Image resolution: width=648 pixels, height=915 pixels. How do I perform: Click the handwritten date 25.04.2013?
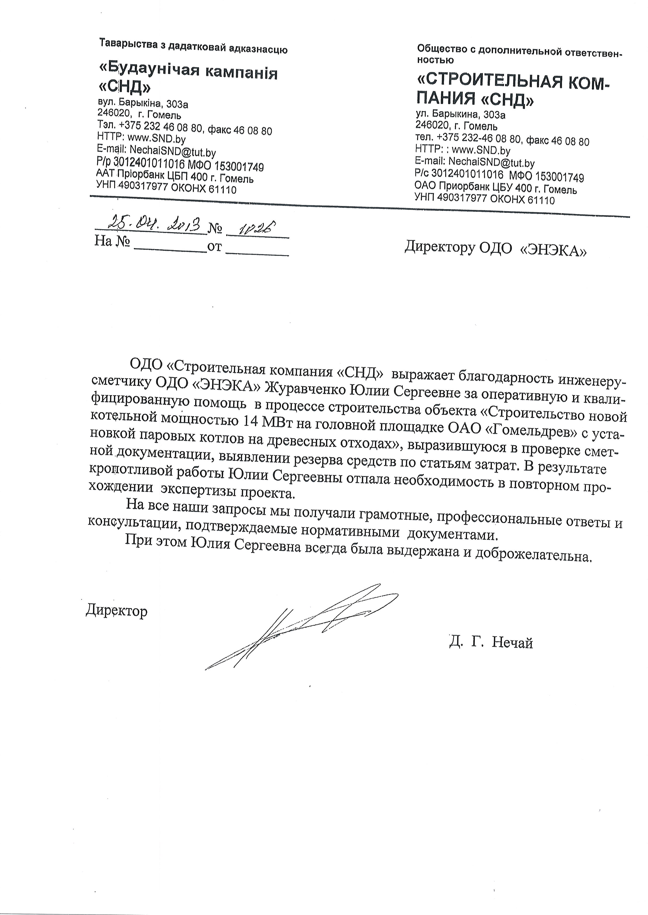(151, 225)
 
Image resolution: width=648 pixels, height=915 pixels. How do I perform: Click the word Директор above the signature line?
(117, 611)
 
